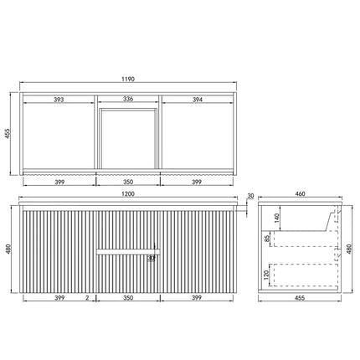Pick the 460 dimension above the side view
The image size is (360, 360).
[300, 195]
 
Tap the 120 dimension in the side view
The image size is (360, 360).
[267, 273]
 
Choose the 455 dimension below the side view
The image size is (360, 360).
[300, 297]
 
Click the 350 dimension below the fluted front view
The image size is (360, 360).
[129, 297]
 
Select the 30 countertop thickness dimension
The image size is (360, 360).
[250, 198]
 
